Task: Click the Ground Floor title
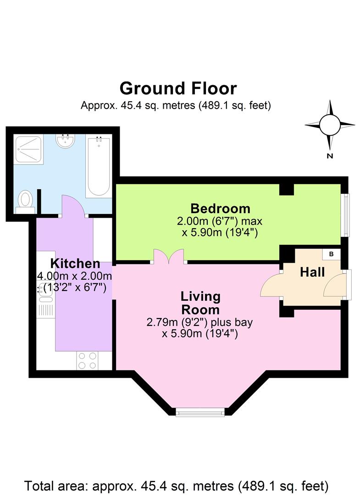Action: tap(178, 88)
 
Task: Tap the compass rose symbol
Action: tap(329, 124)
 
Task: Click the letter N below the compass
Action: tap(329, 156)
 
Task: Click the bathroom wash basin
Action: tap(65, 141)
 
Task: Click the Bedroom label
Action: tap(221, 209)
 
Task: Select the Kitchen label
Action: tap(75, 264)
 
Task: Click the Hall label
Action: tap(312, 272)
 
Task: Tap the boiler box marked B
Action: tap(331, 254)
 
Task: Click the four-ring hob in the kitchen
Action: tap(87, 360)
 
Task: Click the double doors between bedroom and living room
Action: tap(168, 256)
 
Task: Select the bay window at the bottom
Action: tap(200, 412)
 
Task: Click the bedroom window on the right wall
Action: tap(346, 215)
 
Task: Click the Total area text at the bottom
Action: tap(177, 485)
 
